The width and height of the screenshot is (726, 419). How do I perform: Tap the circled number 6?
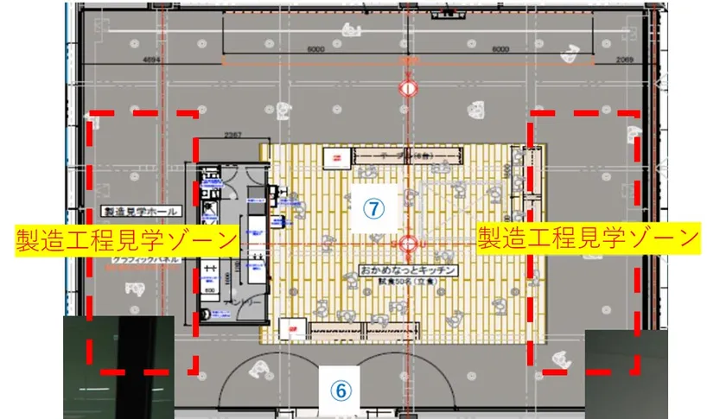pos(341,390)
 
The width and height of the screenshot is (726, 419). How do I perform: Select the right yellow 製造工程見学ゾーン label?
pos(588,236)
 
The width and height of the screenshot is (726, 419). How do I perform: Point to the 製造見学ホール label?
pos(140,211)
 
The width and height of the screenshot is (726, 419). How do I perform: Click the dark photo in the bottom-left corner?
pos(118,367)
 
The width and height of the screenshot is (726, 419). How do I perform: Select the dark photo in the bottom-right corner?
pos(627,373)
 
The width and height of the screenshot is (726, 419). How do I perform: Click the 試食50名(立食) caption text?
pos(408,283)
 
